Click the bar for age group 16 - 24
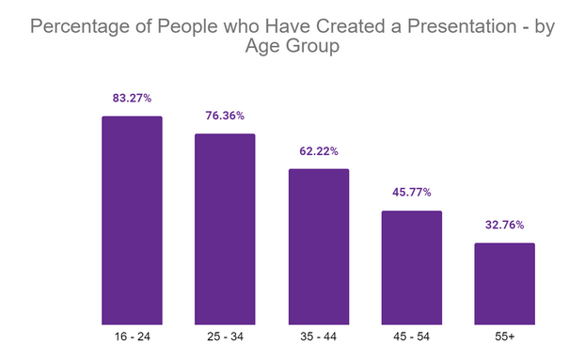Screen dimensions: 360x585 click(132, 220)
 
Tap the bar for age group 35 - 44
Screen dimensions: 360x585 click(318, 246)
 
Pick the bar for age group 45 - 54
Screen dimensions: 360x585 click(411, 267)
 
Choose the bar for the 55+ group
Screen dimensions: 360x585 click(504, 283)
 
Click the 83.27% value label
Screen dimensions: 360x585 click(132, 98)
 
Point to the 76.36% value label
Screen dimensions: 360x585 click(225, 116)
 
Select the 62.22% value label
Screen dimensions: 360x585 click(318, 151)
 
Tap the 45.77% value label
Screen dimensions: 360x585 click(411, 193)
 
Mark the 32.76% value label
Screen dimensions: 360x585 click(504, 226)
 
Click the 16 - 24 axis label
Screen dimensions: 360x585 click(132, 336)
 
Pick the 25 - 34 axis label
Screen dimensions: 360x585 click(225, 336)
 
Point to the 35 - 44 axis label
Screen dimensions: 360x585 click(318, 336)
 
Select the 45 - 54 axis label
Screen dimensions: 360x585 click(411, 336)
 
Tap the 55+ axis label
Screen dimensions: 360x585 click(504, 336)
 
